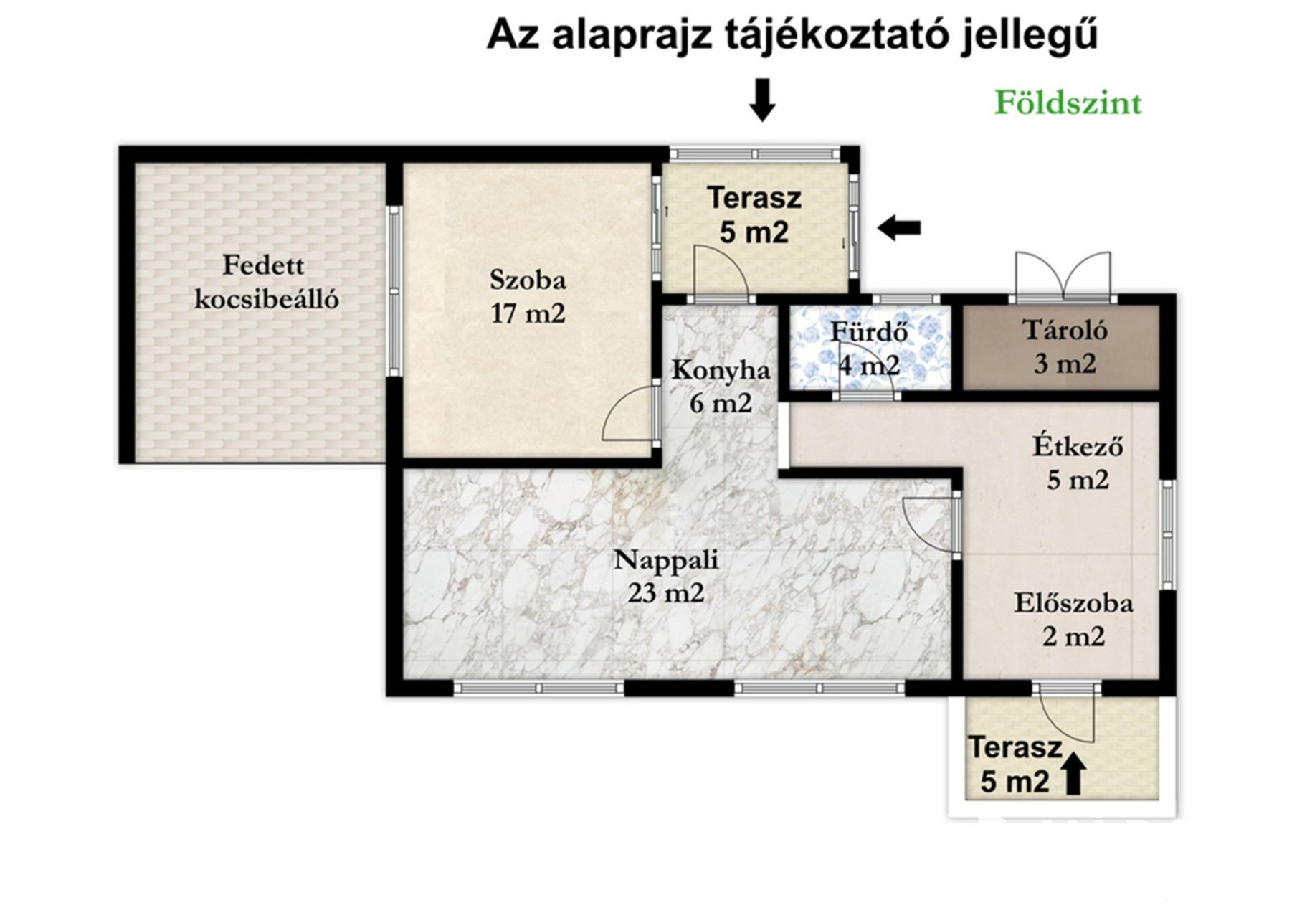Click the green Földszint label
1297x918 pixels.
(x=1068, y=104)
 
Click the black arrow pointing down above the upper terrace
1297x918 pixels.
(x=762, y=100)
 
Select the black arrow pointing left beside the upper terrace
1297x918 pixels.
(x=899, y=229)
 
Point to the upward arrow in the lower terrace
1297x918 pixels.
(x=1073, y=773)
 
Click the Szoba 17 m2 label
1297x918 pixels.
(x=528, y=296)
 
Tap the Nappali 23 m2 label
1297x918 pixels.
(x=666, y=576)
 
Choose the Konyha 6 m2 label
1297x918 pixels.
(x=721, y=387)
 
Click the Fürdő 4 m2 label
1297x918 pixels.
(x=870, y=349)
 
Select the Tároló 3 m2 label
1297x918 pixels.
(x=1065, y=347)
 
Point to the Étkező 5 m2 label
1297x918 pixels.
(x=1078, y=463)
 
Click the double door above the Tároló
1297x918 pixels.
(x=1063, y=275)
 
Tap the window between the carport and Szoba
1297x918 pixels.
(x=394, y=290)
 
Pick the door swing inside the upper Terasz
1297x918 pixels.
(x=721, y=270)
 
